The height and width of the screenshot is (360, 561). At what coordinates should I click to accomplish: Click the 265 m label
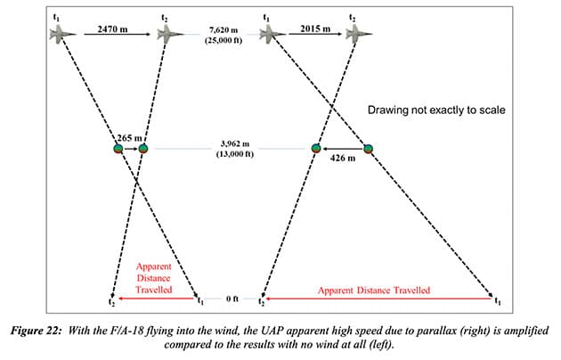[x=131, y=138]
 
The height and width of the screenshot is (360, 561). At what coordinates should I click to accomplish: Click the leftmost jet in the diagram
[x=62, y=34]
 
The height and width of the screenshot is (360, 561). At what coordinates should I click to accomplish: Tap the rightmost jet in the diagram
[x=361, y=34]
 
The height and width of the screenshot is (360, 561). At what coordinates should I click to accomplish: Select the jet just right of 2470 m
[x=169, y=34]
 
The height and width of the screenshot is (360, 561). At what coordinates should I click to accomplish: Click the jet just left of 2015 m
[x=269, y=34]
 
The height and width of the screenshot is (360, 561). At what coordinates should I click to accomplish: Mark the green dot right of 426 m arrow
[x=367, y=148]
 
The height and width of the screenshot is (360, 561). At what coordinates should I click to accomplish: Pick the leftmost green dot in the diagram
[x=117, y=148]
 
